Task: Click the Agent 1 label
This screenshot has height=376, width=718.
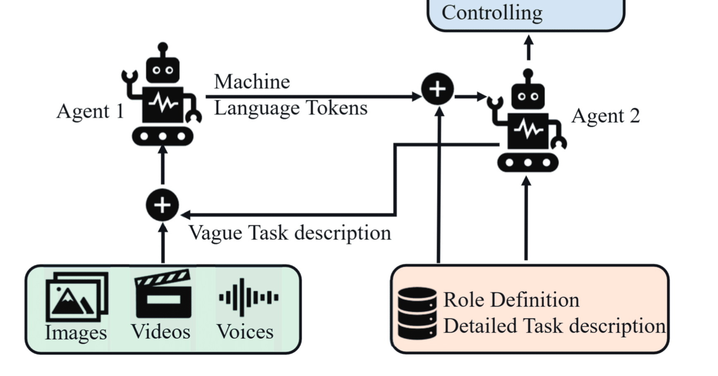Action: point(90,111)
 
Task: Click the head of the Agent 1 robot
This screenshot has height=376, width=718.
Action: point(163,70)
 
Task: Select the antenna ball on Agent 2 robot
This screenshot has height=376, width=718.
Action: point(528,74)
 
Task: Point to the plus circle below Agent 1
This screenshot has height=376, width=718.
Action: point(162,205)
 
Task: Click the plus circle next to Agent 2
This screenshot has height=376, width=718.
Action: point(438,89)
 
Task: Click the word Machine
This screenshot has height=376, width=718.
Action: point(251,81)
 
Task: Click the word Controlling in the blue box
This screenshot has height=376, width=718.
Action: point(492,12)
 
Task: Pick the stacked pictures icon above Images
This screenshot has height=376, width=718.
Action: point(77,296)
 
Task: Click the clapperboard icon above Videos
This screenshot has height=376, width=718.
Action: point(163,294)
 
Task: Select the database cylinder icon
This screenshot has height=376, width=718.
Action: point(417,314)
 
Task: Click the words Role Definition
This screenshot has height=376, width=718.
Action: point(511,299)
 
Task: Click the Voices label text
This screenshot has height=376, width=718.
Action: point(245,332)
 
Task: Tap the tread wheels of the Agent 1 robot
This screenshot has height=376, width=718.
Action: point(163,136)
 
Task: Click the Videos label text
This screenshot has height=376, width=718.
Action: point(160,332)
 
